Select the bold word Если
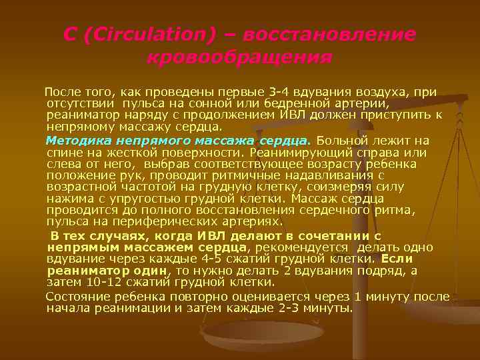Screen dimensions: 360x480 (x=397, y=259)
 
